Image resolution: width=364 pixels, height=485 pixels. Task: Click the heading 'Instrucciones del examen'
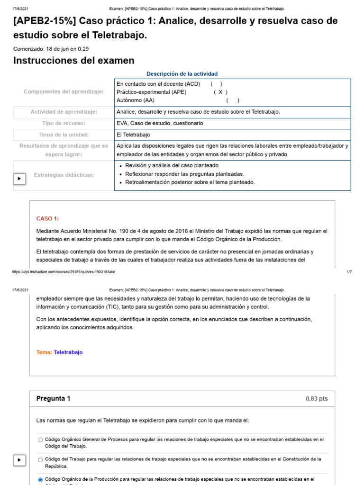click(73, 61)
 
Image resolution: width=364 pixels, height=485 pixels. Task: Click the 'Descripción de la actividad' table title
click(182, 74)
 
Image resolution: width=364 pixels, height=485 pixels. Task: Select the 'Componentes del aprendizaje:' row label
click(64, 91)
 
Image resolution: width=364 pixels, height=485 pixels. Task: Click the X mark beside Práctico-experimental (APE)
click(220, 92)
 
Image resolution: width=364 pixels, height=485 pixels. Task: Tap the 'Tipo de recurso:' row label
click(64, 123)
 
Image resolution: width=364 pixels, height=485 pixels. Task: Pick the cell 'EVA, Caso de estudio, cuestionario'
click(160, 123)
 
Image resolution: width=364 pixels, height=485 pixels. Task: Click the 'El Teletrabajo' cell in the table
click(133, 135)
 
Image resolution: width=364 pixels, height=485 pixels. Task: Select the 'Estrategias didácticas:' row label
click(64, 175)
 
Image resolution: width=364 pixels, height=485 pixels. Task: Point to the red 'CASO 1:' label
click(47, 218)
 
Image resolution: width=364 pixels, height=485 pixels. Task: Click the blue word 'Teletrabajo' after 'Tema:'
click(68, 352)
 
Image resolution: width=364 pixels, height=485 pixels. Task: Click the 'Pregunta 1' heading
click(53, 399)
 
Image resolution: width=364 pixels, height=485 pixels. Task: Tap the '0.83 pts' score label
click(317, 399)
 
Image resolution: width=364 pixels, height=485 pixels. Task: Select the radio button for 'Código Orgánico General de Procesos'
click(40, 440)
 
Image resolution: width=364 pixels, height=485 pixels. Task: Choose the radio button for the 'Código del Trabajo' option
click(40, 459)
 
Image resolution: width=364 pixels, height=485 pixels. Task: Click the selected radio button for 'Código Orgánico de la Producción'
click(40, 480)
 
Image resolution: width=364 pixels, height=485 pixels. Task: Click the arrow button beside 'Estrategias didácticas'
click(19, 179)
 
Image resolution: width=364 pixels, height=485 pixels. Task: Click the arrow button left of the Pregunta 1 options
click(19, 459)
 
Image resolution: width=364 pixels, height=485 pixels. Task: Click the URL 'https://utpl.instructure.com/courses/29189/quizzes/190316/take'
click(64, 272)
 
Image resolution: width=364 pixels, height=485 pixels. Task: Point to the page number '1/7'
click(349, 272)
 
